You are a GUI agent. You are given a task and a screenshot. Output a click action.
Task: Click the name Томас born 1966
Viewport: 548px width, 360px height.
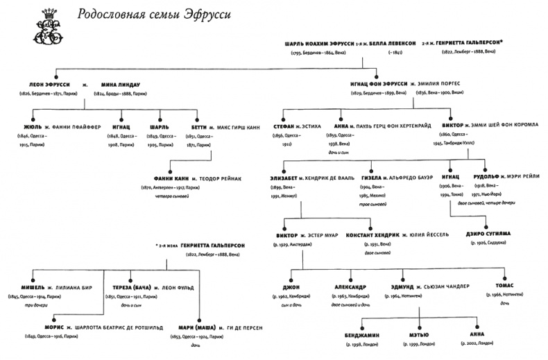[x=502, y=286]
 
